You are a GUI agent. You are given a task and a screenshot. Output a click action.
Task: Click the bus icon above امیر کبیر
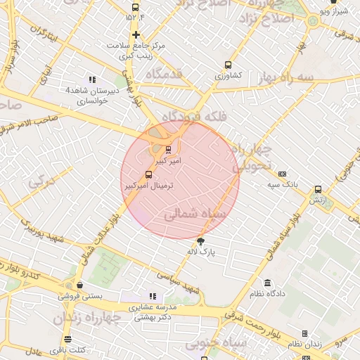click(x=167, y=149)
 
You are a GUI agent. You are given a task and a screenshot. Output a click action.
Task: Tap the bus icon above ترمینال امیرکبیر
click(x=148, y=174)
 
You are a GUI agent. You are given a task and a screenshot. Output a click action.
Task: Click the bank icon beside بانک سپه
click(x=282, y=174)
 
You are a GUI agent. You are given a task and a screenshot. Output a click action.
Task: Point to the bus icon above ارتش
click(x=318, y=189)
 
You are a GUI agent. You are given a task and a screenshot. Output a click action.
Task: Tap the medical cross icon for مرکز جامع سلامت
click(x=136, y=34)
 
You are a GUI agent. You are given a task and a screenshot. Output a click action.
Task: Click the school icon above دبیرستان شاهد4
click(x=93, y=79)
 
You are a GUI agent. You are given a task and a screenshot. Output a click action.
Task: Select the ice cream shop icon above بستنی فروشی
click(x=79, y=285)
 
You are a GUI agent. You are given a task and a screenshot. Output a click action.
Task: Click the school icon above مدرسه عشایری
click(x=152, y=296)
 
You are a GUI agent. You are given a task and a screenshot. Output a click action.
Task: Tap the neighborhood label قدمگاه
click(x=164, y=74)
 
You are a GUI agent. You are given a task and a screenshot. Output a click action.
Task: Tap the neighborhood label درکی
click(x=40, y=183)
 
